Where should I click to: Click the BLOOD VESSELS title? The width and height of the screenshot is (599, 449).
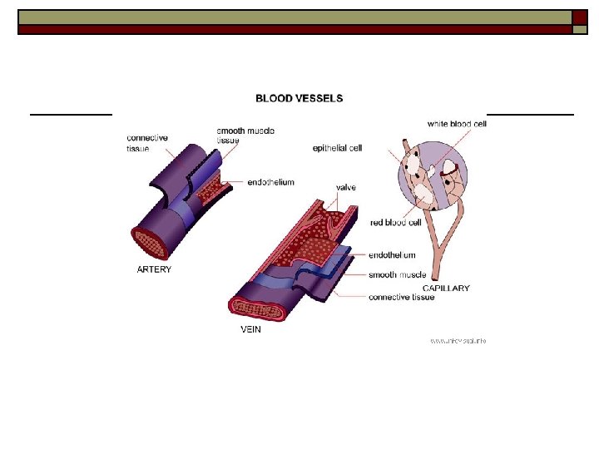pyautogui.click(x=299, y=98)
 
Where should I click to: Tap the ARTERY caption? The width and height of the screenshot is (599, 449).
pyautogui.click(x=154, y=269)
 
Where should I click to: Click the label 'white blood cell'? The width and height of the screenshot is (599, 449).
pyautogui.click(x=457, y=124)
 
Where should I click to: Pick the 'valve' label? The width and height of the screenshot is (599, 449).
pyautogui.click(x=345, y=188)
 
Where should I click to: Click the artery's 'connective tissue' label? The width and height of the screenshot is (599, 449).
pyautogui.click(x=147, y=142)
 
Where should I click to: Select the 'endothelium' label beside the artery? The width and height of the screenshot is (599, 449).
pyautogui.click(x=270, y=182)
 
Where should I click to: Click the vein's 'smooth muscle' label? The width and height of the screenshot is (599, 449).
pyautogui.click(x=397, y=275)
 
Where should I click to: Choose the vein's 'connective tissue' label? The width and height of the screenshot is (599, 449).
pyautogui.click(x=401, y=297)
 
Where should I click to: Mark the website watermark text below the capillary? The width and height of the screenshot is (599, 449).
pyautogui.click(x=458, y=340)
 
